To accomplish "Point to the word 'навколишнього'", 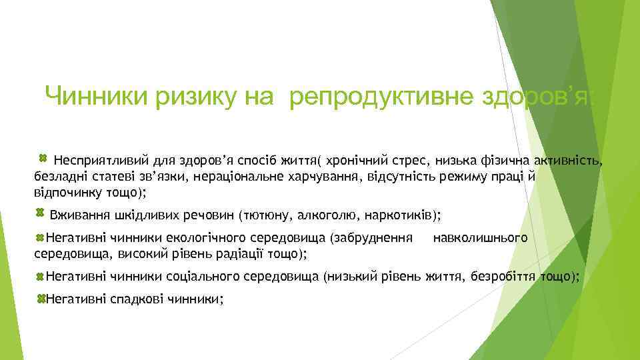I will pos(480,237).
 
